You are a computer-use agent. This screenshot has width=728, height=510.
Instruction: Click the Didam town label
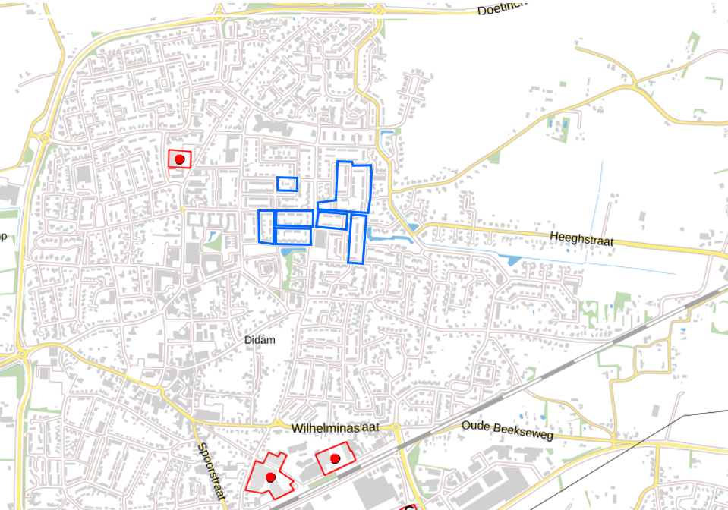[260, 340]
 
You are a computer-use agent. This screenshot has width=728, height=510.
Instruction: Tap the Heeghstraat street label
[581, 240]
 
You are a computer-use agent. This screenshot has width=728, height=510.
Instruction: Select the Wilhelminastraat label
[335, 428]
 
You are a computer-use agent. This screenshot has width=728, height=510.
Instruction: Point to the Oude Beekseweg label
[507, 429]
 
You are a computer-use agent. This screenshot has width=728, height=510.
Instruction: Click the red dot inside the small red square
[180, 159]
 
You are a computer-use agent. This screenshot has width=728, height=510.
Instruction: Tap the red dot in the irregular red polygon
[270, 477]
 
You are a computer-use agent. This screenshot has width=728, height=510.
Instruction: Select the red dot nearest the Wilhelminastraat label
[335, 458]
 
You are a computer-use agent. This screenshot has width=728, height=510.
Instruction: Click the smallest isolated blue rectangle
[287, 184]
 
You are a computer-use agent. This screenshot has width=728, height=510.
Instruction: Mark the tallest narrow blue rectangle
[358, 239]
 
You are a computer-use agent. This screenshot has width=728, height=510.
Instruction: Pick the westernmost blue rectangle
[266, 227]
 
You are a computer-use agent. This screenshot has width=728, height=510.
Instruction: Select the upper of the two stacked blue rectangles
[294, 219]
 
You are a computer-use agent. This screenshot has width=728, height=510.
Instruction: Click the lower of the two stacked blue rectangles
[293, 236]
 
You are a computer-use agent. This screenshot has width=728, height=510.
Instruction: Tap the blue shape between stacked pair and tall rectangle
[331, 220]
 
